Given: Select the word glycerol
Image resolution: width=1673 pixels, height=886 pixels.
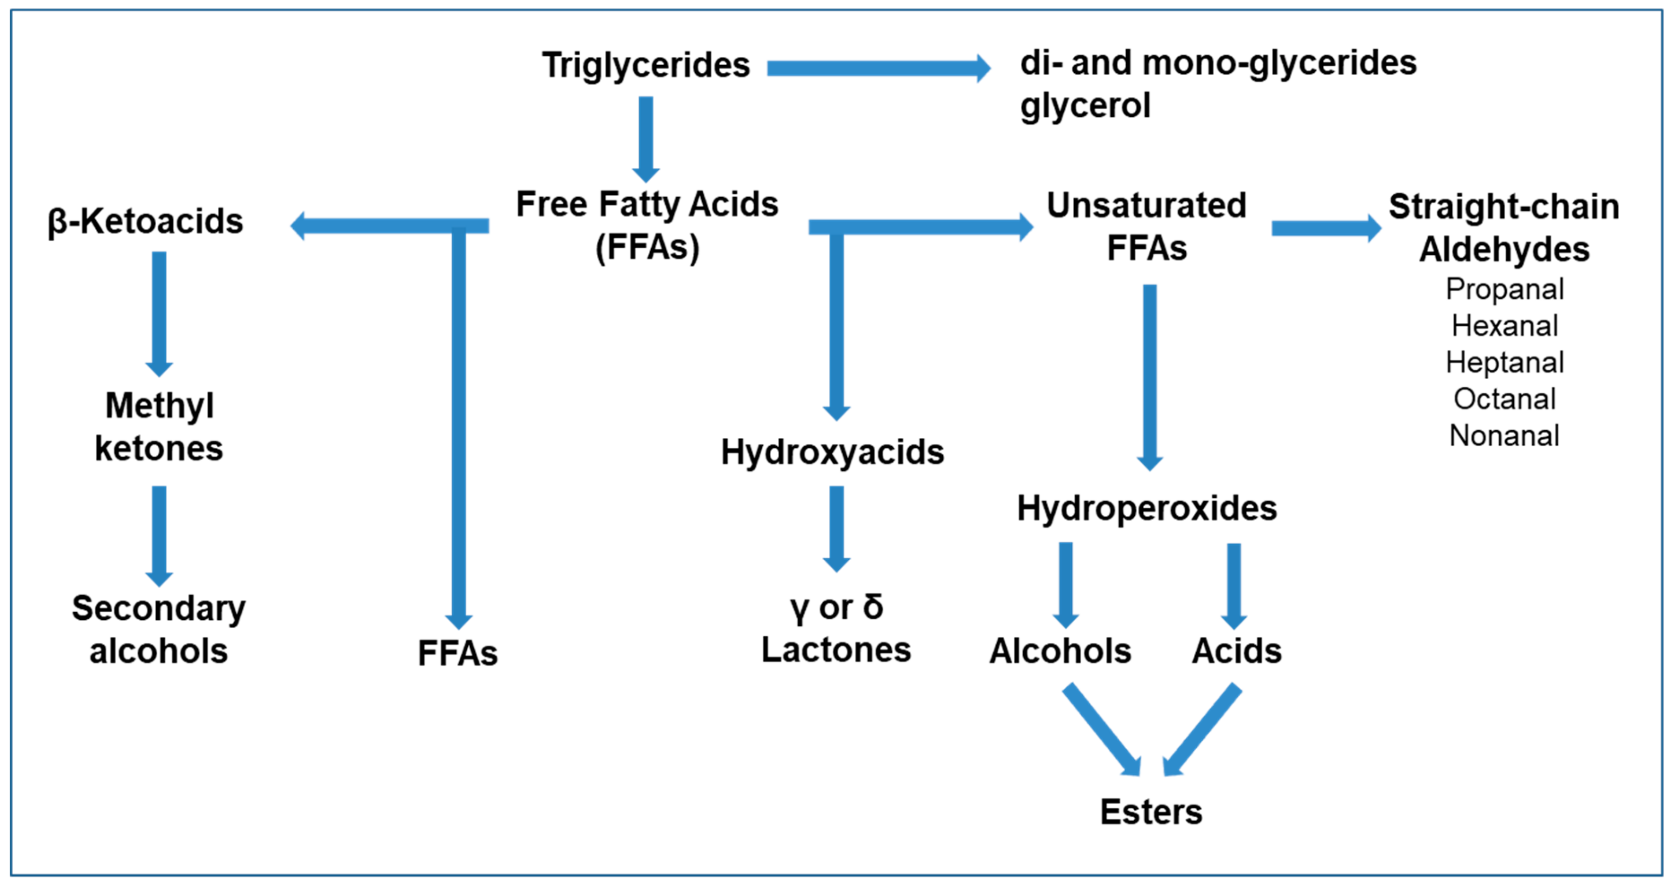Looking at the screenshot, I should (1085, 105).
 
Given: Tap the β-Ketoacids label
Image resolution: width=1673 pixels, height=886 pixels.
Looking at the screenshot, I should (145, 221).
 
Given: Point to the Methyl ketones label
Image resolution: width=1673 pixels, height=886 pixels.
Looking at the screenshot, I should (159, 427).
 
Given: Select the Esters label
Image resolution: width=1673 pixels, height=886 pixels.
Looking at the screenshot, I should (1151, 812).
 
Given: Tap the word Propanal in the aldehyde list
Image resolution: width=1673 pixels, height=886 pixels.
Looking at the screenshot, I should (1504, 289).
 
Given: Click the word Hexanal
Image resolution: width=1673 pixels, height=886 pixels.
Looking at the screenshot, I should (1504, 325).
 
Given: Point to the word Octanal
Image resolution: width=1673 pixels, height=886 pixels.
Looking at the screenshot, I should (1504, 399).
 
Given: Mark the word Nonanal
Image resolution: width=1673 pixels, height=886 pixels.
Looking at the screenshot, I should (1504, 435).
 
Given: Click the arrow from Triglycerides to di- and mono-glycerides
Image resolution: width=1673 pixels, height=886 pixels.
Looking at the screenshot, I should (877, 68).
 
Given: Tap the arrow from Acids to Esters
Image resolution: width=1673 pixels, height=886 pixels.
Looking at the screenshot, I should (1203, 729).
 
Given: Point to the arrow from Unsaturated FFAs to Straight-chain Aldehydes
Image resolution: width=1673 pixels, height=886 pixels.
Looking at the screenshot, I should (1325, 228).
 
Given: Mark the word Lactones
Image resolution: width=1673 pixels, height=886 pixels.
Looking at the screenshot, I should (836, 650).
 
